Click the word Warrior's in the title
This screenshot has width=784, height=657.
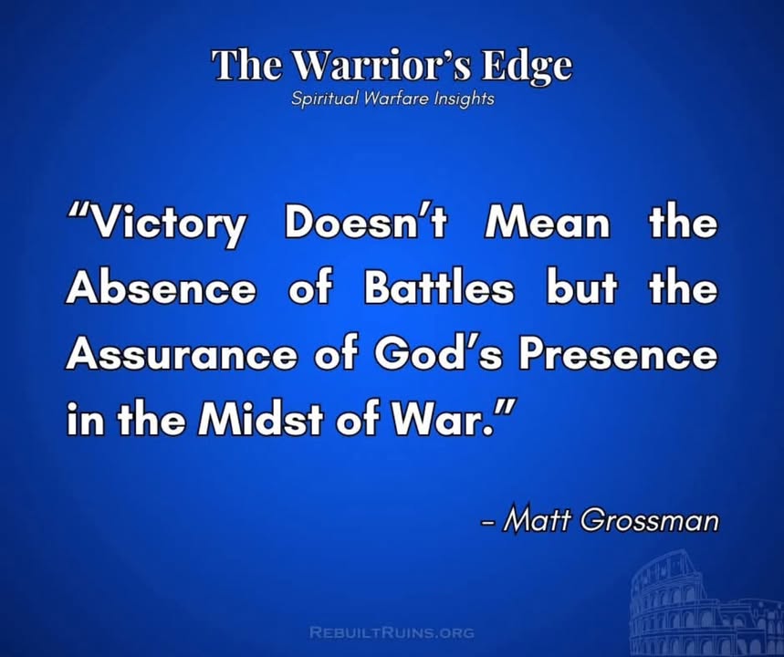point(385,65)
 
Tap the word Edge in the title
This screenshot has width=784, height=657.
point(527,67)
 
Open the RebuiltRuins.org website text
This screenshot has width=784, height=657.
point(392,632)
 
